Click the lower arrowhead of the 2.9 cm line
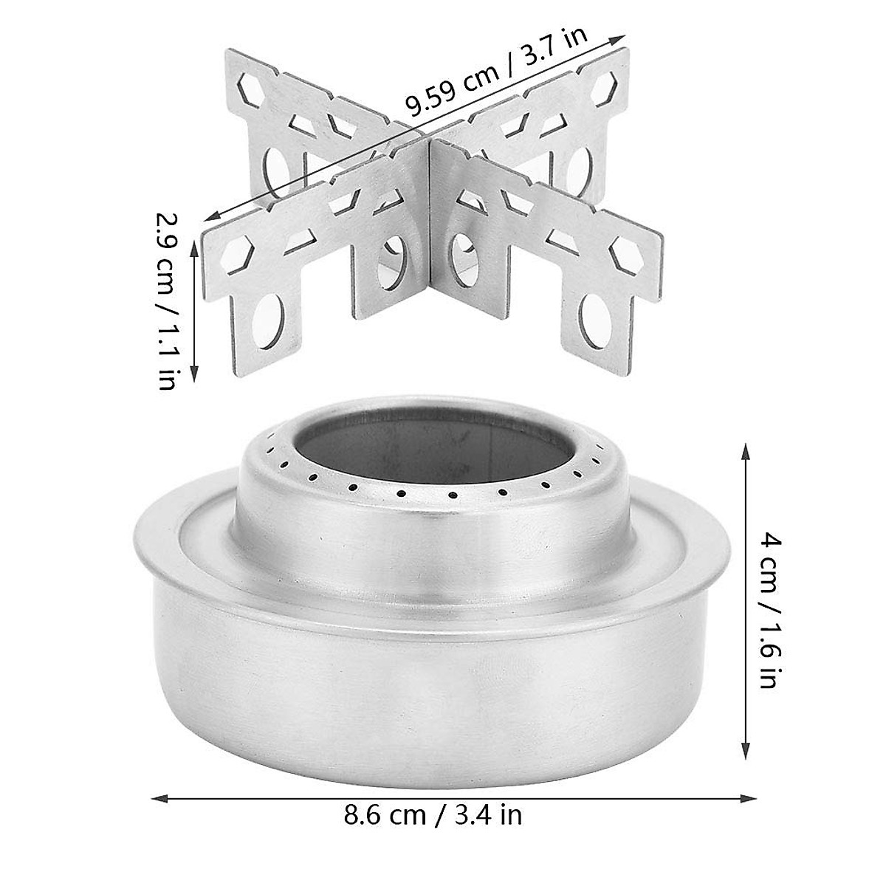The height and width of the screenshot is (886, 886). coord(195,371)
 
